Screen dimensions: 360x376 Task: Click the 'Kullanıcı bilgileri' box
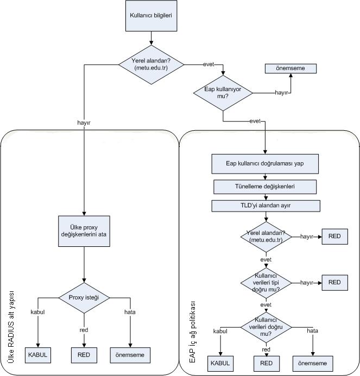(x=151, y=16)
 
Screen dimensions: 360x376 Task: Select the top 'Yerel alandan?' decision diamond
(x=151, y=65)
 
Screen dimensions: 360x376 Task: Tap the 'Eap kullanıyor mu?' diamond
(x=223, y=93)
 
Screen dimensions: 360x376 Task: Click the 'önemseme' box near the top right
(x=290, y=68)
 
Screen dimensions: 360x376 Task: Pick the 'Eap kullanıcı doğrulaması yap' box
(x=265, y=164)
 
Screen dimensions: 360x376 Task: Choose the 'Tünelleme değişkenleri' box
(x=265, y=187)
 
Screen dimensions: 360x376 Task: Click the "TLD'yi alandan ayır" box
(x=266, y=206)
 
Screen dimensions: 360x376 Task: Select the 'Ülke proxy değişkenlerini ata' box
(x=84, y=231)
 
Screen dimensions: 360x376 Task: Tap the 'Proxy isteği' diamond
(x=84, y=298)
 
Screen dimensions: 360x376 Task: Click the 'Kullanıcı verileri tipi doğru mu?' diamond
(x=266, y=283)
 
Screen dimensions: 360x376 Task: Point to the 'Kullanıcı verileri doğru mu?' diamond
(x=266, y=327)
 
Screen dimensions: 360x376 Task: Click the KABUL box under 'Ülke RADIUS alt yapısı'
(x=38, y=355)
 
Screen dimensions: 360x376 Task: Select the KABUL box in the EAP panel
(x=220, y=364)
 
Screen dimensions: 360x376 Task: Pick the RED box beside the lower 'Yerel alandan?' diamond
(x=334, y=237)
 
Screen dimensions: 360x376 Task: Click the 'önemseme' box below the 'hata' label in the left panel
(x=130, y=355)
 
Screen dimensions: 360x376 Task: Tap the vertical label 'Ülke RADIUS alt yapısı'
(x=11, y=327)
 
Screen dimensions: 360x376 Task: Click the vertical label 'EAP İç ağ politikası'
(x=192, y=332)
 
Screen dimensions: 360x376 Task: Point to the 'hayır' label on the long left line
(x=84, y=123)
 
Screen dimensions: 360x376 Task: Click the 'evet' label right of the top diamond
(x=209, y=64)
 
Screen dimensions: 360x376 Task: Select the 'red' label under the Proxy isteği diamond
(x=84, y=330)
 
